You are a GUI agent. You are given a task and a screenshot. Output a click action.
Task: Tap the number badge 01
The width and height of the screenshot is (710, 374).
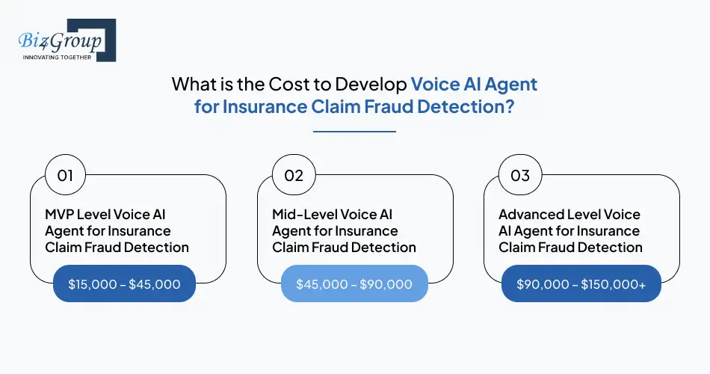[65, 176]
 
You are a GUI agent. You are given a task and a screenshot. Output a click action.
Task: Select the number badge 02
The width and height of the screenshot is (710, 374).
[294, 176]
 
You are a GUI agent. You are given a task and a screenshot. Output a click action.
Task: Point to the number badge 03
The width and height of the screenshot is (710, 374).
[520, 176]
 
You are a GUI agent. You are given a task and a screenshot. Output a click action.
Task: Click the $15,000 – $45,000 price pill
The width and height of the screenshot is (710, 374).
[125, 284]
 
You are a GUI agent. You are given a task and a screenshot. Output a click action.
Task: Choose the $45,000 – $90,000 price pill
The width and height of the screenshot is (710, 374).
[354, 284]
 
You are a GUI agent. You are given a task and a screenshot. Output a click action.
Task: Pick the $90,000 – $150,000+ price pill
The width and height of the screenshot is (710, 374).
[581, 284]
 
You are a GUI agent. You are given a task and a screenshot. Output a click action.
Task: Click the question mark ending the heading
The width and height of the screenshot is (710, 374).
[509, 105]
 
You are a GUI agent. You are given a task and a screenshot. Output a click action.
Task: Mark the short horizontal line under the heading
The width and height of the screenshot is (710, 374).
[354, 132]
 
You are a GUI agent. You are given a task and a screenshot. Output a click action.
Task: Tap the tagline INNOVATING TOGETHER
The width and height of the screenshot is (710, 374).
[57, 57]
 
